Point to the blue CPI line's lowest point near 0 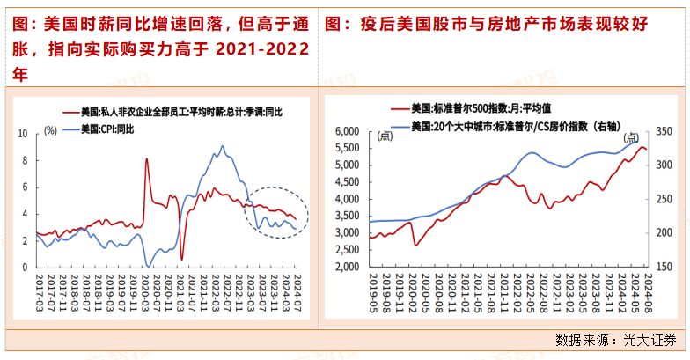[149, 265]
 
